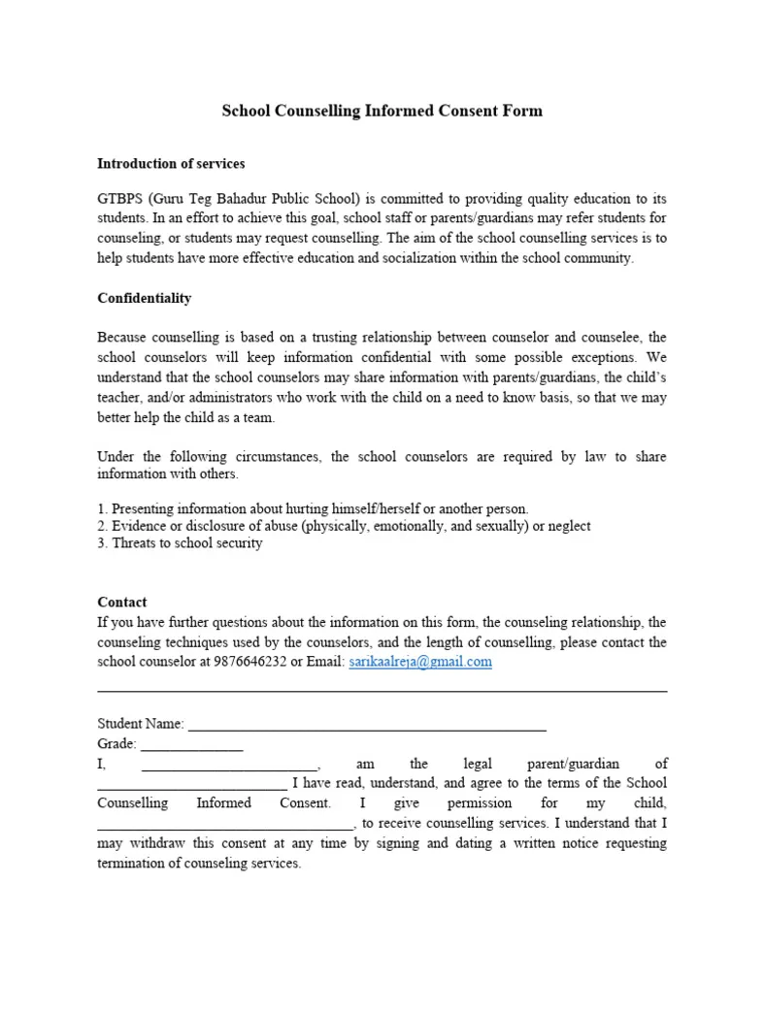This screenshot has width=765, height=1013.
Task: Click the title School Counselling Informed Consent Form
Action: (x=382, y=111)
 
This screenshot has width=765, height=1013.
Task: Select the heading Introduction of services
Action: (x=171, y=163)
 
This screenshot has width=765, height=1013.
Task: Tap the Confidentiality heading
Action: (x=145, y=298)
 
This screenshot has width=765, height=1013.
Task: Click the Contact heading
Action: (x=122, y=602)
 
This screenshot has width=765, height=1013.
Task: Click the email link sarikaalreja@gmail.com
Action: (x=419, y=662)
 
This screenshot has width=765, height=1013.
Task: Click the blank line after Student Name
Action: (x=367, y=725)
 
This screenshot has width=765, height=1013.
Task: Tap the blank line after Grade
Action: (x=192, y=745)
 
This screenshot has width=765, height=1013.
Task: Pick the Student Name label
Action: (x=141, y=724)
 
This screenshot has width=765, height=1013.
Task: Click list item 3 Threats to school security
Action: (x=181, y=543)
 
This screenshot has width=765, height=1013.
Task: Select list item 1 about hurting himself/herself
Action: (x=313, y=508)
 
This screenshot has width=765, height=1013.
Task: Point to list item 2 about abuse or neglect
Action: (x=344, y=526)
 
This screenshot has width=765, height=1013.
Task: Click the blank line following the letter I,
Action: (x=229, y=765)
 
